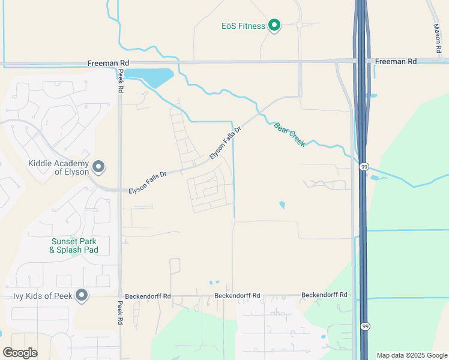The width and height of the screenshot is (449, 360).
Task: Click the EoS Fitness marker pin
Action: (x=274, y=25)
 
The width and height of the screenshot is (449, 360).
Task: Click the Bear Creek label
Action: (x=289, y=134)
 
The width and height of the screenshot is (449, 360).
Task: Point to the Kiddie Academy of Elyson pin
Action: (x=98, y=167)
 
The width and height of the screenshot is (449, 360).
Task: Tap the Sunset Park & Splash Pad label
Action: (x=74, y=245)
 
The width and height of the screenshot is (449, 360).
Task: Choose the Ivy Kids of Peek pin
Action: (x=82, y=295)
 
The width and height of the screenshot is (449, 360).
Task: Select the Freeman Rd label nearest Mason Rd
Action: (x=396, y=61)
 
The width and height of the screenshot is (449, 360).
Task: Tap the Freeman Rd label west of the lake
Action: (x=107, y=62)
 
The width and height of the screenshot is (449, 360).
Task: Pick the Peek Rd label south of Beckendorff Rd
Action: (x=120, y=313)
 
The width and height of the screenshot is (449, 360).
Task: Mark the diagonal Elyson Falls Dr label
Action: (x=224, y=143)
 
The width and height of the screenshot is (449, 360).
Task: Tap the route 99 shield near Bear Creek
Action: (x=364, y=167)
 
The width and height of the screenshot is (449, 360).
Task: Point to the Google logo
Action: (x=20, y=353)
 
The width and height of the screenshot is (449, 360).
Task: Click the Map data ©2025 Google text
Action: (x=412, y=355)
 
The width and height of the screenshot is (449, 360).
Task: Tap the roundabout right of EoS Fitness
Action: (x=299, y=25)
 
